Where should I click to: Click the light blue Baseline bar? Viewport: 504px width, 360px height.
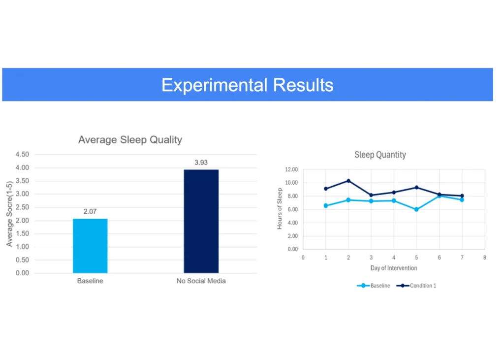pyautogui.click(x=91, y=246)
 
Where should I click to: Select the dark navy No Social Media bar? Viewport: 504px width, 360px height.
pyautogui.click(x=201, y=221)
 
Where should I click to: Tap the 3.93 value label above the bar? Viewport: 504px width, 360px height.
pyautogui.click(x=201, y=163)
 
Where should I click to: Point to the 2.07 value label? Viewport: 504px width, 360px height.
pyautogui.click(x=90, y=212)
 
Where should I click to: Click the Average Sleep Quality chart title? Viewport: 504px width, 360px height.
pyautogui.click(x=130, y=140)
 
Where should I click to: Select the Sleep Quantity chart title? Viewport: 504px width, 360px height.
pyautogui.click(x=380, y=155)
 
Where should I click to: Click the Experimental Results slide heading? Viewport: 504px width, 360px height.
pyautogui.click(x=247, y=85)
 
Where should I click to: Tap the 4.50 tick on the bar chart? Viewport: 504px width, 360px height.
pyautogui.click(x=22, y=155)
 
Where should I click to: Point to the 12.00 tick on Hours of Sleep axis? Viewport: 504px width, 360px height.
pyautogui.click(x=291, y=169)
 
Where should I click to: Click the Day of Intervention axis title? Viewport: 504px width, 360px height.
pyautogui.click(x=394, y=268)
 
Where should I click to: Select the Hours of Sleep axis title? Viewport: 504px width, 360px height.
pyautogui.click(x=280, y=208)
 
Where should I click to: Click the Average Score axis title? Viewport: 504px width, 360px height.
pyautogui.click(x=9, y=214)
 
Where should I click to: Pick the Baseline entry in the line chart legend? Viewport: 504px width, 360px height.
pyautogui.click(x=374, y=286)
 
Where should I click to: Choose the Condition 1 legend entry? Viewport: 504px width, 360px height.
pyautogui.click(x=416, y=286)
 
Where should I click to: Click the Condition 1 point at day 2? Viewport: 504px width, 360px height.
pyautogui.click(x=348, y=181)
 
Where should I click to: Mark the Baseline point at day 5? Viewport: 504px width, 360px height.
pyautogui.click(x=416, y=209)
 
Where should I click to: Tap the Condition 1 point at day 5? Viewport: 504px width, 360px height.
pyautogui.click(x=416, y=188)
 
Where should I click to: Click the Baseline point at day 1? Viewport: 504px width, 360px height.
pyautogui.click(x=326, y=205)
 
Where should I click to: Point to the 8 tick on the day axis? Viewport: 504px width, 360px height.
pyautogui.click(x=485, y=258)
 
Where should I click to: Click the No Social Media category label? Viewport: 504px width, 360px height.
pyautogui.click(x=201, y=281)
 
